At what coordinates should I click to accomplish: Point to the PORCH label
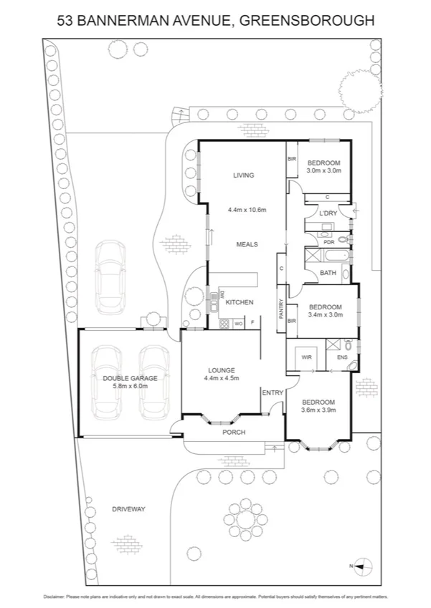[x=234, y=433]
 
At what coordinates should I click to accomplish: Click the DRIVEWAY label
[x=128, y=509]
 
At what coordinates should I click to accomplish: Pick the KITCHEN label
[x=240, y=303]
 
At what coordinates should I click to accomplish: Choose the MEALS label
[x=247, y=244]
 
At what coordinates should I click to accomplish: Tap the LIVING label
[x=244, y=175]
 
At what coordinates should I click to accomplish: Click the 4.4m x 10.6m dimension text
[x=247, y=210]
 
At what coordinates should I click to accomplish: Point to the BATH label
[x=328, y=273]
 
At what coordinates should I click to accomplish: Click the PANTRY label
[x=280, y=308]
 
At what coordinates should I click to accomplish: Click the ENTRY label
[x=273, y=392]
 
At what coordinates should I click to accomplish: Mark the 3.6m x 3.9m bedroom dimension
[x=318, y=411]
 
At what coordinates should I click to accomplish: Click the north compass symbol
[x=364, y=566]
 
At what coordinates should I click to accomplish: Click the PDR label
[x=329, y=241]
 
